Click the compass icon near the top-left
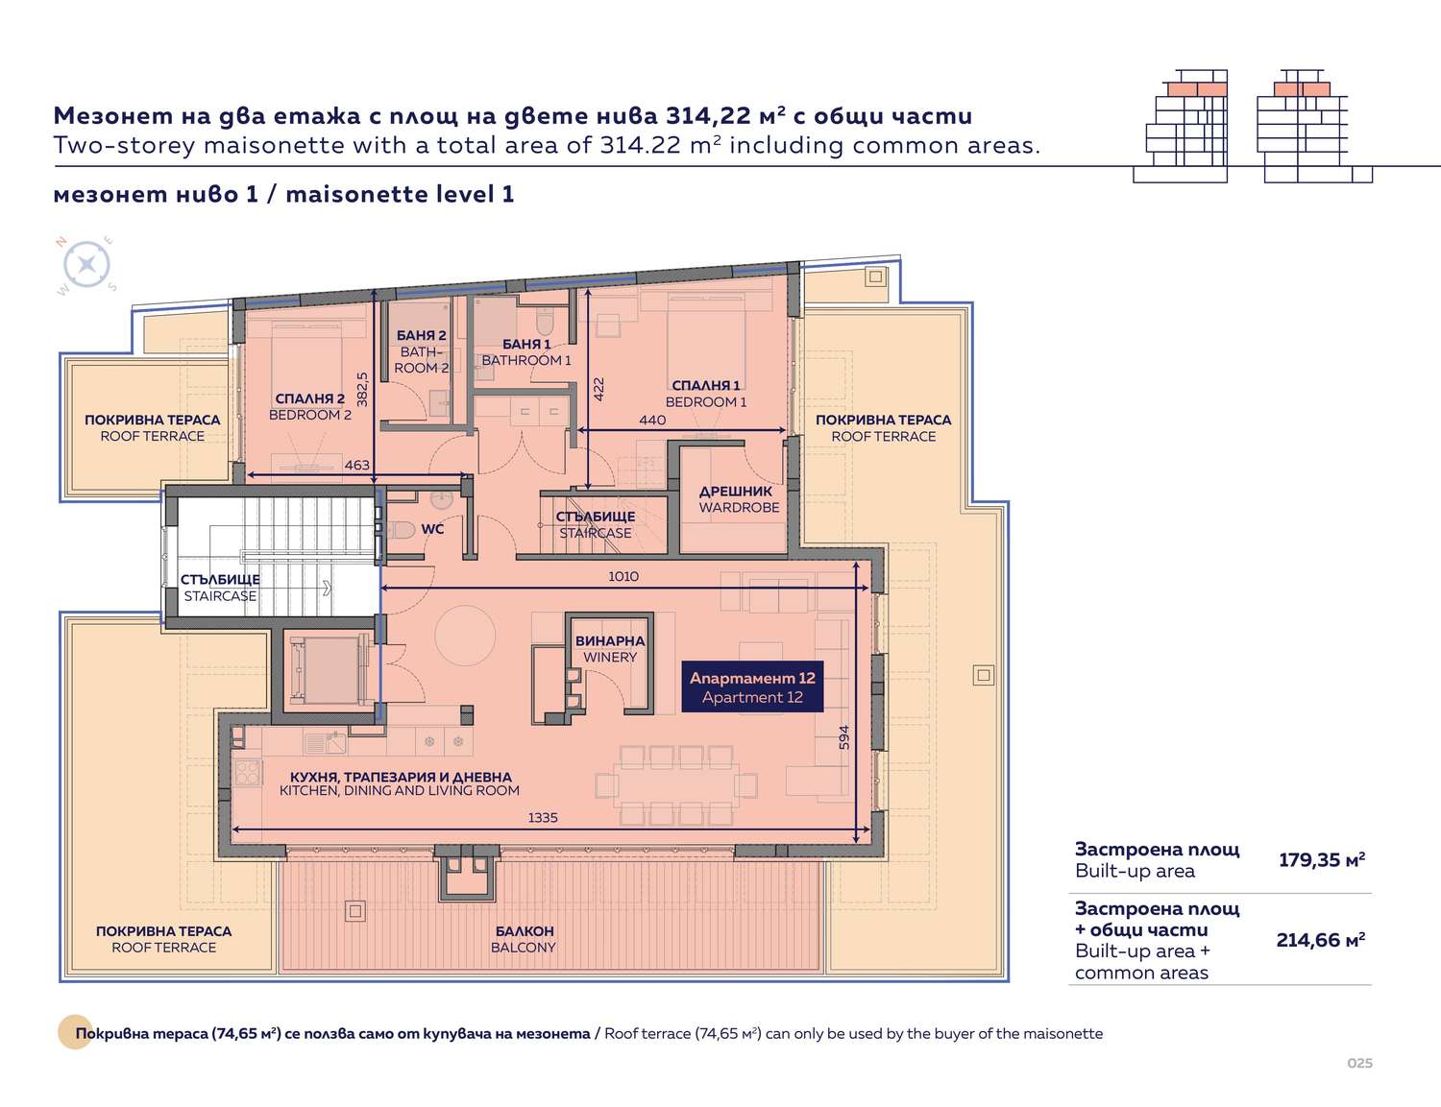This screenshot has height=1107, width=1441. pyautogui.click(x=86, y=265)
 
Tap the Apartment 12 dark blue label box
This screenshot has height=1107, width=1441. pyautogui.click(x=752, y=687)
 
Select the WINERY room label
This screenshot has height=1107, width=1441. pyautogui.click(x=609, y=649)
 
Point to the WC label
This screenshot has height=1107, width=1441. pyautogui.click(x=432, y=529)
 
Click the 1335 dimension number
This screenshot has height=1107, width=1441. pyautogui.click(x=543, y=818)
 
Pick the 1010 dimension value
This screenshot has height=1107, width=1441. pyautogui.click(x=623, y=577)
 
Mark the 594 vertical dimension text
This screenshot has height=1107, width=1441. pyautogui.click(x=843, y=737)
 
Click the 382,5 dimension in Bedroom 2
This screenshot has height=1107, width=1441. pyautogui.click(x=361, y=389)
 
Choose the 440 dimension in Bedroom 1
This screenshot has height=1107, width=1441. pyautogui.click(x=652, y=420)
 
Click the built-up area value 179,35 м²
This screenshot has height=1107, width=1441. pyautogui.click(x=1322, y=860)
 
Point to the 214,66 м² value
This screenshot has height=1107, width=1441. pyautogui.click(x=1320, y=940)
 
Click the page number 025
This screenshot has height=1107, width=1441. pyautogui.click(x=1359, y=1063)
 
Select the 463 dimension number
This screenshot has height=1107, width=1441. pyautogui.click(x=356, y=465)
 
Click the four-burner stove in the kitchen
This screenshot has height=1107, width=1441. pyautogui.click(x=247, y=773)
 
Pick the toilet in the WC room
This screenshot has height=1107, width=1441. pyautogui.click(x=402, y=530)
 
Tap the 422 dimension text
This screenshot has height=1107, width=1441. pyautogui.click(x=598, y=389)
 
